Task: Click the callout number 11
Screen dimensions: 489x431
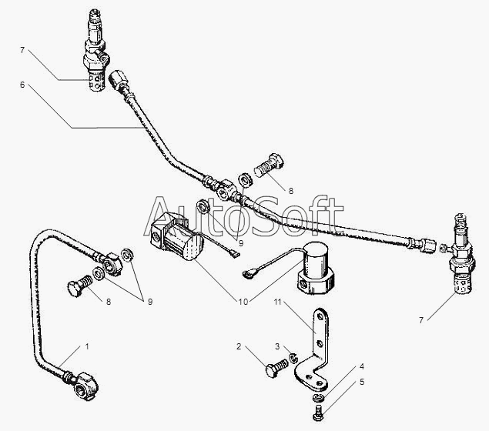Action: [x=277, y=302]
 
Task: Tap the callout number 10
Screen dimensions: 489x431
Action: [x=243, y=302]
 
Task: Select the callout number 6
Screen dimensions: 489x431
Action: [x=22, y=85]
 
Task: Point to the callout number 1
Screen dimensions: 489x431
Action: [x=87, y=346]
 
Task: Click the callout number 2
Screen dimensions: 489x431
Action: [x=239, y=346]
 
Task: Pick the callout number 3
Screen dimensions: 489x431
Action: [x=277, y=346]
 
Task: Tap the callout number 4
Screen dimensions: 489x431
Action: [x=362, y=366]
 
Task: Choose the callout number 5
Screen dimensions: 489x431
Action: [x=362, y=382]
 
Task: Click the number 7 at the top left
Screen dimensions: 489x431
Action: [x=22, y=50]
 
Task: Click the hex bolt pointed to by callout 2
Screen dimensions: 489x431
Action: [x=276, y=368]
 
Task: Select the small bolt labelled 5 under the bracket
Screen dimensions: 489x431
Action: [x=317, y=413]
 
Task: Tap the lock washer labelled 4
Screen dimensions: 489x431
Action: [x=318, y=397]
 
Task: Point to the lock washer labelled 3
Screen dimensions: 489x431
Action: [x=293, y=358]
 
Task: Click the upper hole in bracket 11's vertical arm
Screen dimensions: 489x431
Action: [x=320, y=316]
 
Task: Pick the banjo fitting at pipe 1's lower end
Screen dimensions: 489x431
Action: [x=85, y=386]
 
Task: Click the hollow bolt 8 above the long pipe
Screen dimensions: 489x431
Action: [x=269, y=165]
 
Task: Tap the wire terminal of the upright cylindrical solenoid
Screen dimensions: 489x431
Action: [x=247, y=274]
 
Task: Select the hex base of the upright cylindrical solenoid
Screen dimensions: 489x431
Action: [x=316, y=282]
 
